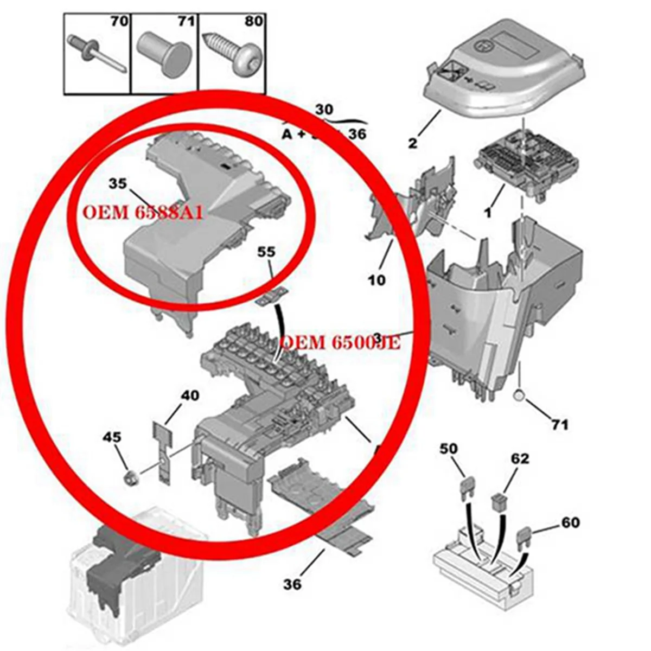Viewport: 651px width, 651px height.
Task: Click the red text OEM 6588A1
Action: (142, 212)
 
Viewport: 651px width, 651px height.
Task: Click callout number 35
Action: (117, 184)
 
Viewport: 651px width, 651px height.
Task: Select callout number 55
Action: (266, 252)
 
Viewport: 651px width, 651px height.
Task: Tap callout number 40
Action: (190, 395)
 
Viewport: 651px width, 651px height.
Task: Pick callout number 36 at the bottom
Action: (292, 584)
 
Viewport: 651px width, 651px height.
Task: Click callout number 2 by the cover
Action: (413, 143)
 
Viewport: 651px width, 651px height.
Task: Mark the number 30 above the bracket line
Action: (324, 109)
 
